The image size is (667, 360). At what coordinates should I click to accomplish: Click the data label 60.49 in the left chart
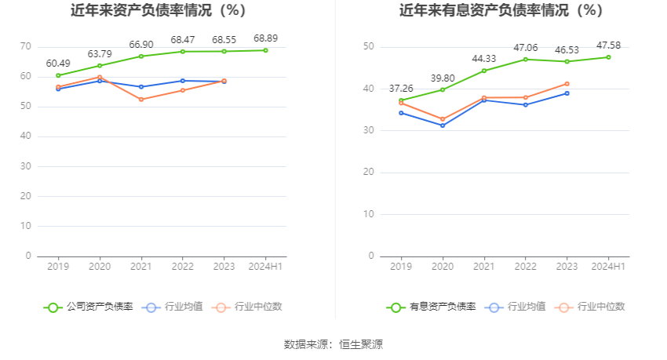pyautogui.click(x=58, y=63)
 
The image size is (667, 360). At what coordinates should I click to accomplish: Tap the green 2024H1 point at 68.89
pyautogui.click(x=265, y=50)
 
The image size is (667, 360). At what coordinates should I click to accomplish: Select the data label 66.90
pyautogui.click(x=141, y=44)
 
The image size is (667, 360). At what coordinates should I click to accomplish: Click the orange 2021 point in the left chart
pyautogui.click(x=141, y=100)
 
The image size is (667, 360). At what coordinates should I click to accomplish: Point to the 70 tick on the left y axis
pyautogui.click(x=25, y=47)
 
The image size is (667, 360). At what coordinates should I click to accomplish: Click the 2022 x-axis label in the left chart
pyautogui.click(x=183, y=267)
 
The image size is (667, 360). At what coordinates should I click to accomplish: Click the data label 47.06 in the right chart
pyautogui.click(x=526, y=48)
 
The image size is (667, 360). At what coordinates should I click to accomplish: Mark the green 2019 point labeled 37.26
pyautogui.click(x=401, y=100)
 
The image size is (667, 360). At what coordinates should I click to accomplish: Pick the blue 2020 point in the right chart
pyautogui.click(x=443, y=125)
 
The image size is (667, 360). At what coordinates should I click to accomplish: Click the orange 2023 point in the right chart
pyautogui.click(x=567, y=84)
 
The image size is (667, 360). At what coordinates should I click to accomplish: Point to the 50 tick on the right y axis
pyautogui.click(x=368, y=47)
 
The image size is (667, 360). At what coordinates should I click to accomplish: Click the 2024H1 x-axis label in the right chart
pyautogui.click(x=608, y=267)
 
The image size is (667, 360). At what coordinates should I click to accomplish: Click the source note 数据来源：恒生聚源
pyautogui.click(x=333, y=344)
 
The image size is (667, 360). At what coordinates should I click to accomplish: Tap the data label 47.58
pyautogui.click(x=608, y=45)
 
